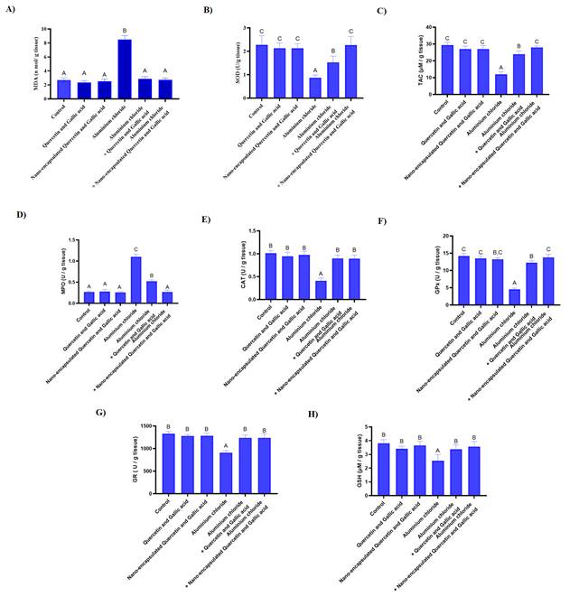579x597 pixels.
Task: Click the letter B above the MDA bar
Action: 126,30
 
